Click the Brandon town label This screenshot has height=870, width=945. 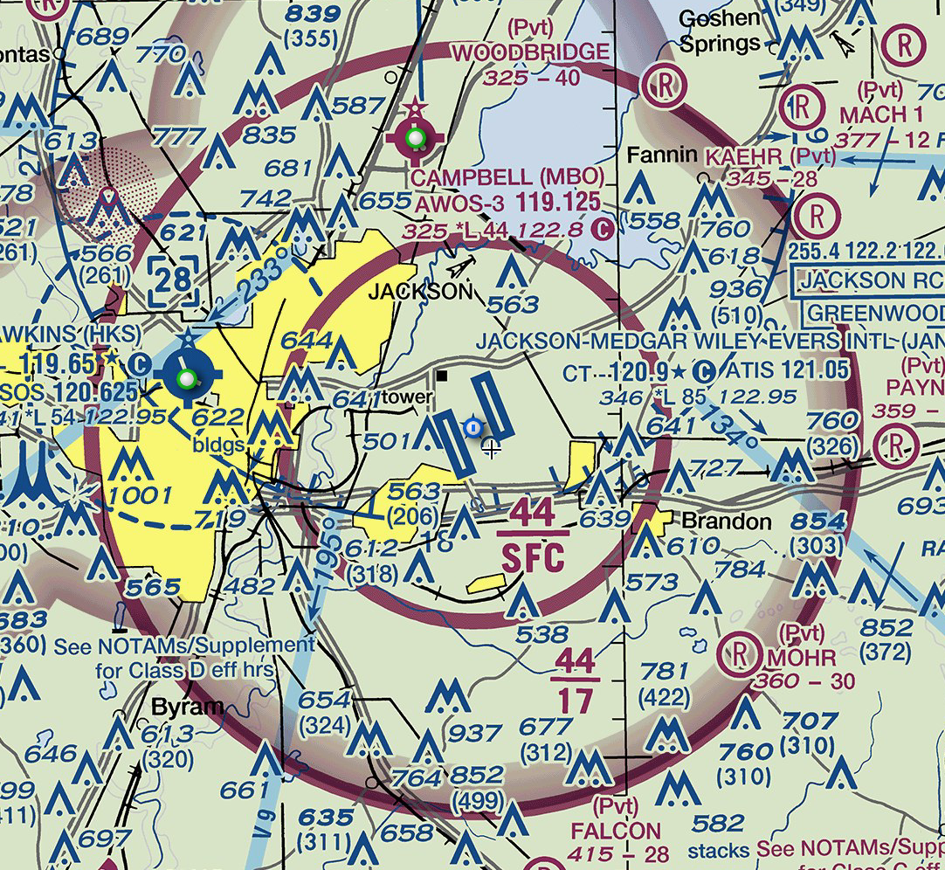[727, 522]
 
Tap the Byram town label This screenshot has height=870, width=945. [188, 706]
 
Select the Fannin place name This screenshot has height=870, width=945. [663, 155]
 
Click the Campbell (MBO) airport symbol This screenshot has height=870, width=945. [415, 137]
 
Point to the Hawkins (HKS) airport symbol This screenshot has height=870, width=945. [186, 377]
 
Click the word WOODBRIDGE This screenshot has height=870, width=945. [530, 52]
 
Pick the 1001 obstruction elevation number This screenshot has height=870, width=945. [141, 495]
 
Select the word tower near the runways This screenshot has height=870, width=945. [405, 397]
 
